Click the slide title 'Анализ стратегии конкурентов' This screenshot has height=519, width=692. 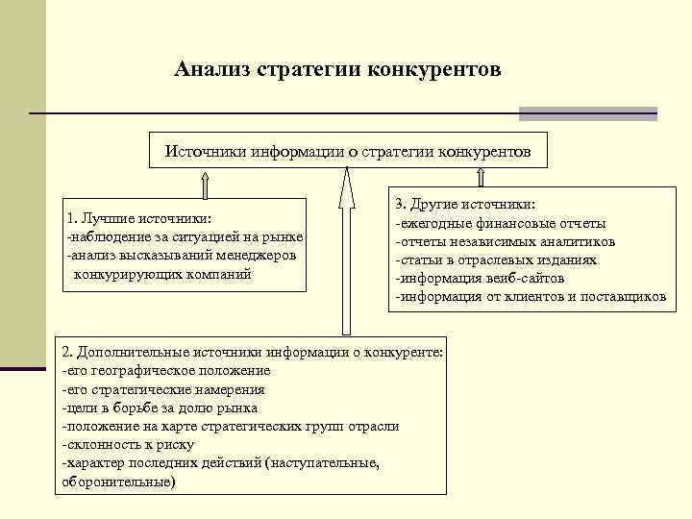[x=337, y=69]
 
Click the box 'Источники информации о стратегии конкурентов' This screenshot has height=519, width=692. [x=347, y=152]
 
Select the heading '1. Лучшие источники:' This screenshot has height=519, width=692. [x=139, y=218]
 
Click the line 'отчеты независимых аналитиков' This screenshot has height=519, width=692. [x=506, y=241]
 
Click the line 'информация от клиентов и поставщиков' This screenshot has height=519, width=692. [x=530, y=296]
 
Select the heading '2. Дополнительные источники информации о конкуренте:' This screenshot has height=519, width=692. [x=252, y=352]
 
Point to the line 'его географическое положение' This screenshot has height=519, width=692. [x=165, y=370]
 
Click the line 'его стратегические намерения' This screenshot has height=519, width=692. [x=162, y=389]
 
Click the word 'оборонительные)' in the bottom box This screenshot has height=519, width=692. [x=119, y=481]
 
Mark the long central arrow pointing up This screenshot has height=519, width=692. [x=342, y=250]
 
